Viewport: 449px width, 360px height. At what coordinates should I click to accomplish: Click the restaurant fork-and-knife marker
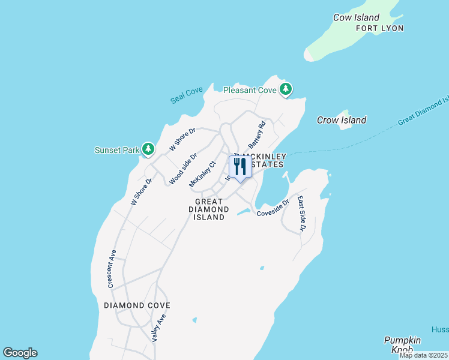point(240,167)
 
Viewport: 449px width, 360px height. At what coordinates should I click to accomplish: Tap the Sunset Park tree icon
point(148,149)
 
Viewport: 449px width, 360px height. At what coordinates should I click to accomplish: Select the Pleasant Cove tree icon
point(286,90)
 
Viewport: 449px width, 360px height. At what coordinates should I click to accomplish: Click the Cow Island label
point(357,17)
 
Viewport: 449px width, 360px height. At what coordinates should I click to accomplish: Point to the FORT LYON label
point(379,28)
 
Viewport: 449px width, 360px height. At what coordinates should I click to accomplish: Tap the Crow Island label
point(342,120)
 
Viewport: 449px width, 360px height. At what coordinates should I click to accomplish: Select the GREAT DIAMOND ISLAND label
point(209,209)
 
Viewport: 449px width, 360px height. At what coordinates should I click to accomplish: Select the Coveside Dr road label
point(273,208)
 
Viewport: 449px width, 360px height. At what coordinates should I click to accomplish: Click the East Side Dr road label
point(301,213)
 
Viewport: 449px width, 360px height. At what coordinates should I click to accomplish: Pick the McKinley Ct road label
point(202,173)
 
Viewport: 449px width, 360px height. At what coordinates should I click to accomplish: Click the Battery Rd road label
point(257,136)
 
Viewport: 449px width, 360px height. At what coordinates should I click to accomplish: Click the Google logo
point(20,353)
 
